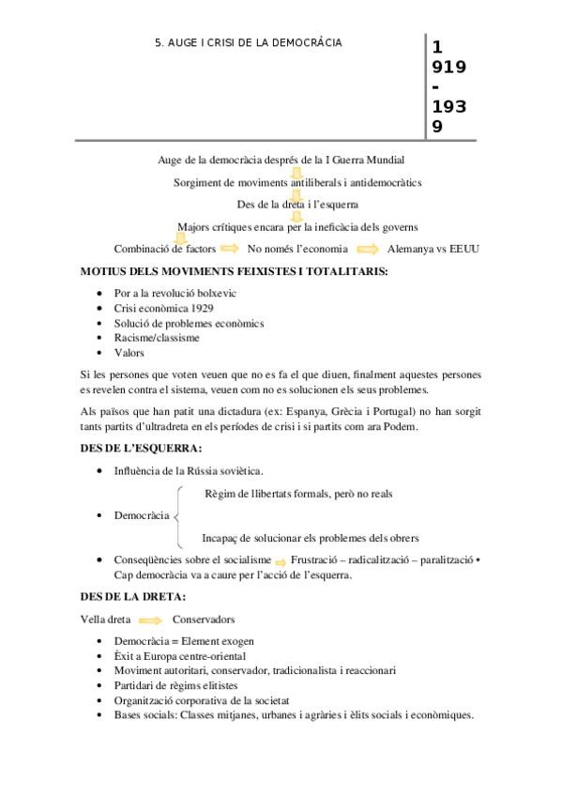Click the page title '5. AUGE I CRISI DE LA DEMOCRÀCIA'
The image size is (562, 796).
coord(248,42)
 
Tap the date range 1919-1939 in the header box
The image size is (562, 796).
coord(448,86)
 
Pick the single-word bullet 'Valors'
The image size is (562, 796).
coord(129,353)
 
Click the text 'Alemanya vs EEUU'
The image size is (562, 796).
coord(436,249)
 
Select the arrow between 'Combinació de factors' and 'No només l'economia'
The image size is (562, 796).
coord(229,249)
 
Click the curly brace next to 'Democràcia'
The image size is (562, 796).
coord(178,515)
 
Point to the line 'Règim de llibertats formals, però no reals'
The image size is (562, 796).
coord(298,493)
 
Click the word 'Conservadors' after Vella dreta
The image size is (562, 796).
coord(204,620)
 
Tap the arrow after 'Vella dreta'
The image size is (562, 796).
coord(148,620)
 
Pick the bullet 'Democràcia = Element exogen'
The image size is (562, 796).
coord(184,641)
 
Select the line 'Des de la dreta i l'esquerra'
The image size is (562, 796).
coord(296,204)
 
